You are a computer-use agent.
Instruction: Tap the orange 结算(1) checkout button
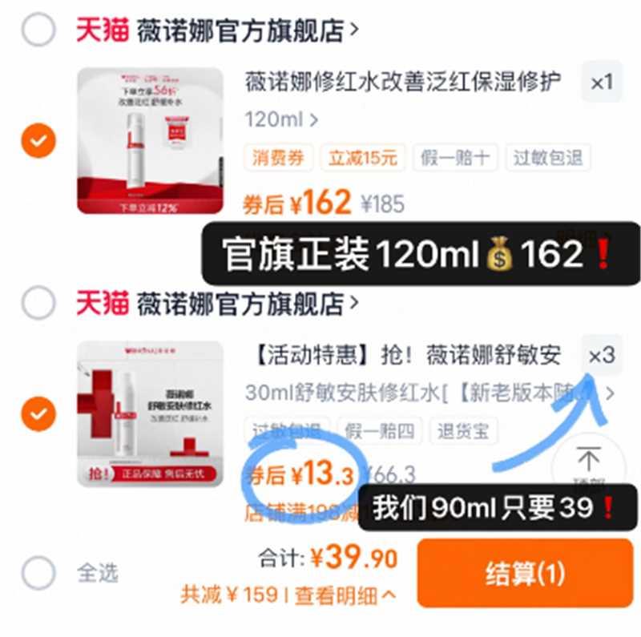click(x=525, y=573)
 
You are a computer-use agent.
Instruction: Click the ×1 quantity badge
click(x=601, y=82)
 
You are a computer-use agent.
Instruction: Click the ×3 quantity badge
click(x=601, y=355)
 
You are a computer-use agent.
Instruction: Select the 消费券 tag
click(x=279, y=158)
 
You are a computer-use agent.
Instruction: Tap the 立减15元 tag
click(x=363, y=158)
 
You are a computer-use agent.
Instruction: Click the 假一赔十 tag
click(x=456, y=158)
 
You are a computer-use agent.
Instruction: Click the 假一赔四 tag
click(x=380, y=431)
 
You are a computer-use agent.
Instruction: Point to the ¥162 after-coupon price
click(x=320, y=204)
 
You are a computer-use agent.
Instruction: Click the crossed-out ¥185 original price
click(x=382, y=204)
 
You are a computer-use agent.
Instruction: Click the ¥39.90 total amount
click(x=353, y=558)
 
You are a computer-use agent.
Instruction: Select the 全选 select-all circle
click(x=38, y=573)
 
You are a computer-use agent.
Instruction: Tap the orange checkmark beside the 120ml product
click(x=38, y=141)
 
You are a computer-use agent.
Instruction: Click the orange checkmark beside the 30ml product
click(x=38, y=414)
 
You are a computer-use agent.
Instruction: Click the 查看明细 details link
click(x=345, y=595)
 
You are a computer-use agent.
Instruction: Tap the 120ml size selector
click(x=280, y=120)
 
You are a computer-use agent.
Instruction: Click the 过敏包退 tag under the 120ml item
click(x=548, y=158)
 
